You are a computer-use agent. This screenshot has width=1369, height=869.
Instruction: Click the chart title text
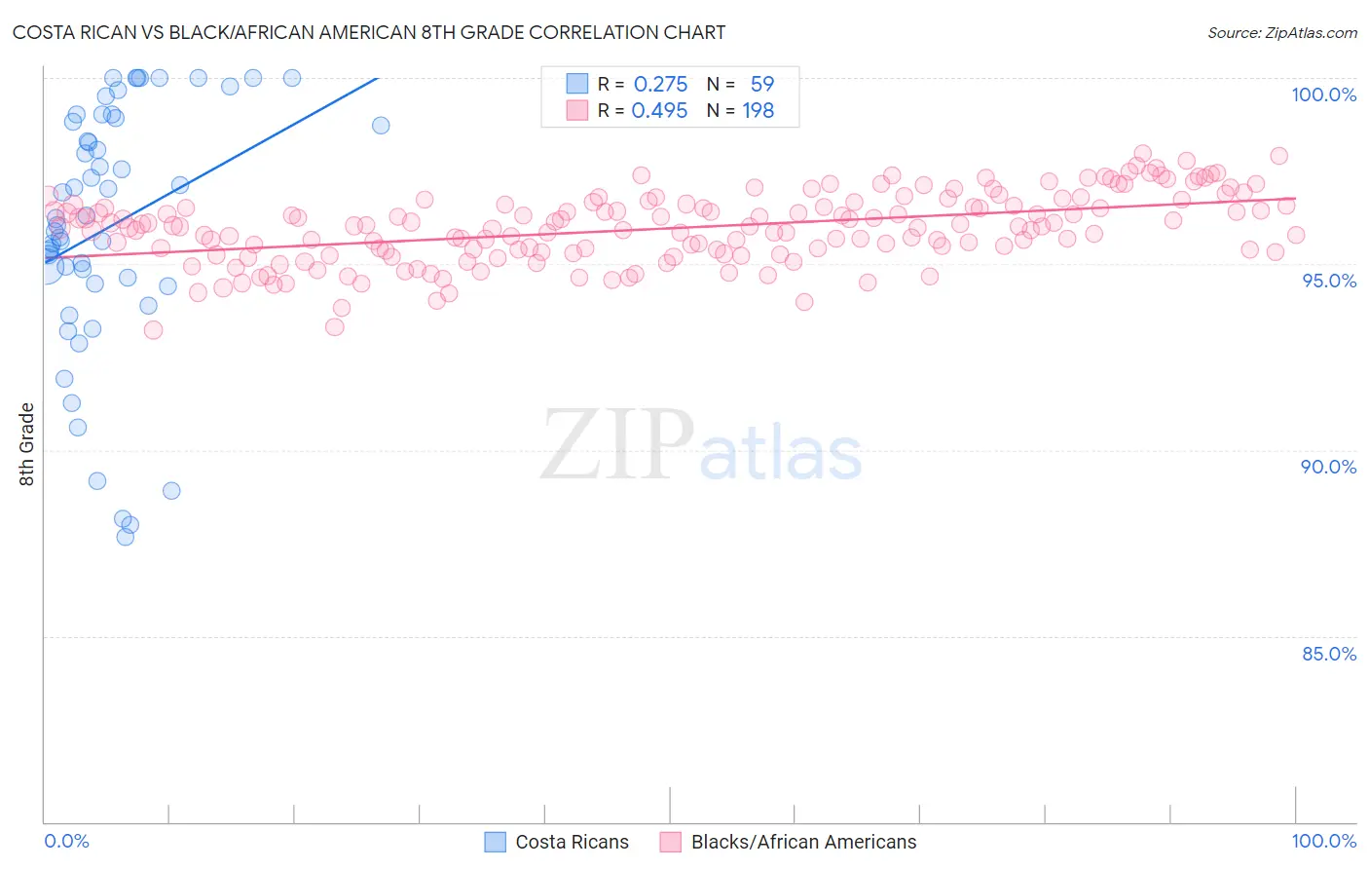coord(369,32)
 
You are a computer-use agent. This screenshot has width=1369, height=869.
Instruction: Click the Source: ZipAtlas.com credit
coord(1281,33)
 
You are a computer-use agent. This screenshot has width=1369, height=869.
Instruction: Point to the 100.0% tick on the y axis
coord(1323,94)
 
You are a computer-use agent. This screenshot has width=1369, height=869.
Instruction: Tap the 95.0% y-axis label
coord(1328,281)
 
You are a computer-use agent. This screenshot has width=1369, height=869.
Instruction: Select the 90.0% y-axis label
coord(1328,467)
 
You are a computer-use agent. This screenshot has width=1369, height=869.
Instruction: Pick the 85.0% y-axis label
coord(1328,654)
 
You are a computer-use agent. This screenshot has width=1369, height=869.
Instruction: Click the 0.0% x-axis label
coord(66,841)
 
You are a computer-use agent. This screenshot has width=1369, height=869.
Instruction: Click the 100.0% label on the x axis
coord(1323,841)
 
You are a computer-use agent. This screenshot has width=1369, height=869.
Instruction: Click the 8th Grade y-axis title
coord(26,444)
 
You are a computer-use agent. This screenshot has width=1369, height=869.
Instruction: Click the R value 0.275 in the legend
coord(660,85)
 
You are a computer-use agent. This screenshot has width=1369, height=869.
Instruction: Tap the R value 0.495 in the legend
coord(659,111)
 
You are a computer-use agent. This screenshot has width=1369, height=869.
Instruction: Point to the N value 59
coord(761,85)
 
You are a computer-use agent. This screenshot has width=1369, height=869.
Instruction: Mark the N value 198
coord(758,111)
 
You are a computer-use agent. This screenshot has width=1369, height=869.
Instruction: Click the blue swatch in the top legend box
coord(577,84)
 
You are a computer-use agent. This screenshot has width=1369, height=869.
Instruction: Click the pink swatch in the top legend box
coord(577,110)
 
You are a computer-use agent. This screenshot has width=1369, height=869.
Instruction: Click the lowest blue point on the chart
coord(125,537)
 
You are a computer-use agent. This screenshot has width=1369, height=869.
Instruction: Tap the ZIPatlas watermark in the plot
coord(701,446)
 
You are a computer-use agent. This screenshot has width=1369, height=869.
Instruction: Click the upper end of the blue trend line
coord(377,78)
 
